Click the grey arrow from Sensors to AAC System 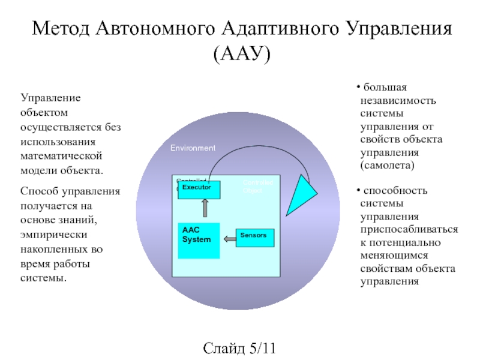[x=229, y=239]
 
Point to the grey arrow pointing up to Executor [x=205, y=208]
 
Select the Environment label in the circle [x=192, y=148]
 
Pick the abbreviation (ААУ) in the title [x=242, y=54]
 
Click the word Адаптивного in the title [x=271, y=28]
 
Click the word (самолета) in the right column [x=388, y=163]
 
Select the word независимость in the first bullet [x=398, y=100]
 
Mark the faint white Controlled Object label [x=257, y=186]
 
